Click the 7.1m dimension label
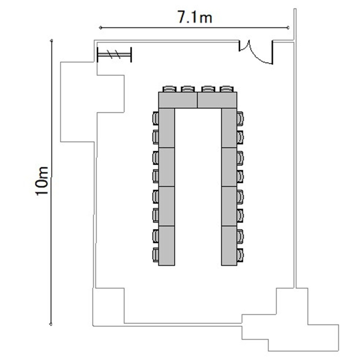pyautogui.click(x=195, y=17)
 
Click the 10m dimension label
pyautogui.click(x=42, y=181)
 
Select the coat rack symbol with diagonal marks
pyautogui.click(x=114, y=55)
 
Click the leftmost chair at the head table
pyautogui.click(x=169, y=89)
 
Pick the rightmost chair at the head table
pyautogui.click(x=227, y=89)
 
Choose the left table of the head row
pyautogui.click(x=178, y=100)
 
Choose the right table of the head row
pyautogui.click(x=217, y=100)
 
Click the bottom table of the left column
pyautogui.click(x=167, y=246)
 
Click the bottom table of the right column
pyautogui.click(x=229, y=246)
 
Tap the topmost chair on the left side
pyautogui.click(x=156, y=118)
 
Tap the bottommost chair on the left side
pyautogui.click(x=156, y=255)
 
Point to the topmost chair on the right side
pyautogui.click(x=240, y=119)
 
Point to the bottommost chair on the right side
pyautogui.click(x=240, y=255)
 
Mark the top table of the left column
pyautogui.click(x=167, y=128)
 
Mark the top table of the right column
pyautogui.click(x=229, y=128)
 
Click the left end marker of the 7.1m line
pyautogui.click(x=100, y=28)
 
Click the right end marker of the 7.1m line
pyautogui.click(x=288, y=28)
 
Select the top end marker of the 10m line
pyautogui.click(x=51, y=41)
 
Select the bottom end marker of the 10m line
pyautogui.click(x=51, y=324)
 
